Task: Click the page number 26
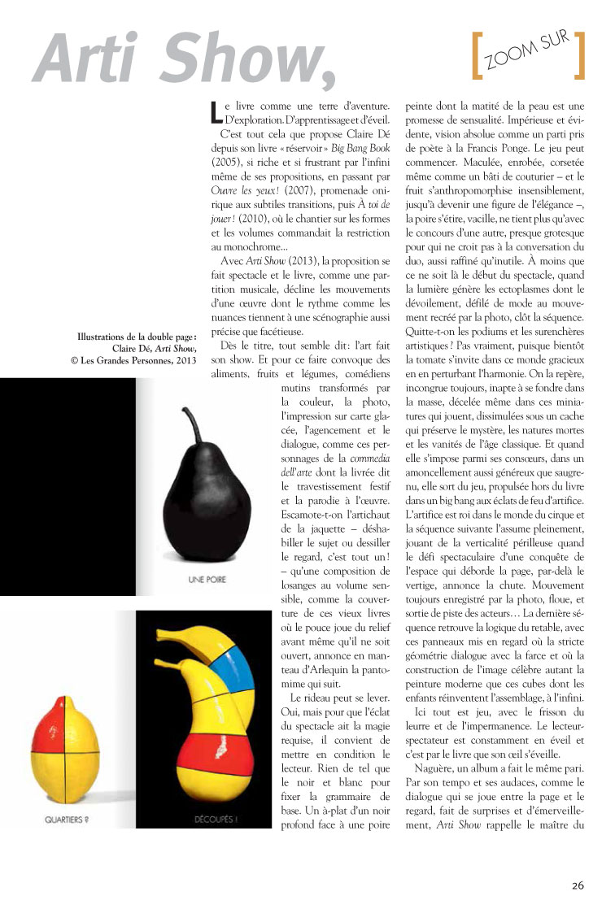(x=577, y=885)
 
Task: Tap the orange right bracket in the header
(x=579, y=56)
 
